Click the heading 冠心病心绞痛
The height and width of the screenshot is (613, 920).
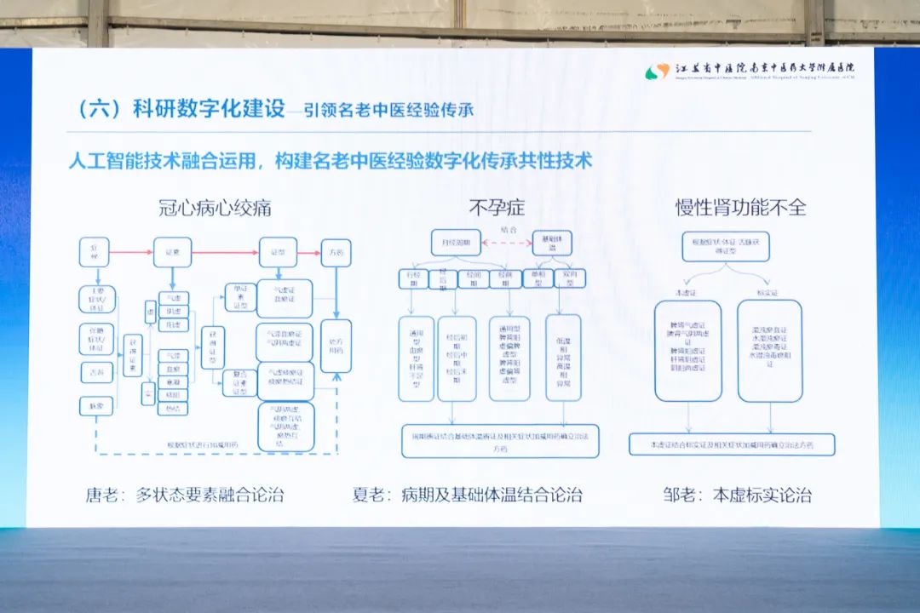[215, 207]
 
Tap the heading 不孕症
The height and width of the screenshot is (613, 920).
[494, 207]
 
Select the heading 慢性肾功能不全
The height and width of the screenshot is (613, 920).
[740, 207]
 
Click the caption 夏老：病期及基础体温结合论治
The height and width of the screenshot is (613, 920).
[468, 494]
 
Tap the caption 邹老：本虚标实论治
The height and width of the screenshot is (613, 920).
[737, 494]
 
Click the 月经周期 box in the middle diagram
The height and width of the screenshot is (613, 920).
[456, 242]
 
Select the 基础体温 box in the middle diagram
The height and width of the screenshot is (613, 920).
[552, 242]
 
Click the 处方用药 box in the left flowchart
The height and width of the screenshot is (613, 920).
[336, 345]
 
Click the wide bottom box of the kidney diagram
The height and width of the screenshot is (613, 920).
[732, 444]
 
